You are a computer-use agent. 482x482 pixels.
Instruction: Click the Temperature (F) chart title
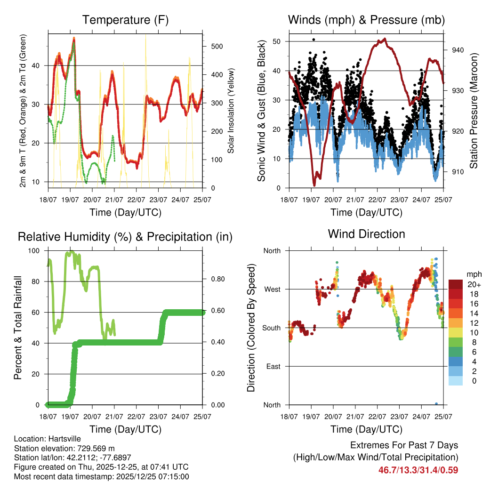point(125,20)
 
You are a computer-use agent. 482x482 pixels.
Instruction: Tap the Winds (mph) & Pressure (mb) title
point(366,20)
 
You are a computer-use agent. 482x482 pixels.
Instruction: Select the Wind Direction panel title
point(366,234)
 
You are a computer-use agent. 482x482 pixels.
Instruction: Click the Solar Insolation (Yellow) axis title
point(231,111)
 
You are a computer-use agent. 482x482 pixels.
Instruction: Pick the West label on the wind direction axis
point(272,289)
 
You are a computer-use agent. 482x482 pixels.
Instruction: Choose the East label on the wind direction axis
point(273,366)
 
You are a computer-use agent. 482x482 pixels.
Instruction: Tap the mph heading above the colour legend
point(474,274)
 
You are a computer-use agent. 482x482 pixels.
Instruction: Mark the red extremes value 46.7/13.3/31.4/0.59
point(418,470)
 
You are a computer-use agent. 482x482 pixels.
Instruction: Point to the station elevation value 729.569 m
point(90,448)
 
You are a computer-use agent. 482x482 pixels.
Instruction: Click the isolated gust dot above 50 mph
point(313,40)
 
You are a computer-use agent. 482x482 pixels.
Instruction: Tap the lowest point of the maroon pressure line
point(314,185)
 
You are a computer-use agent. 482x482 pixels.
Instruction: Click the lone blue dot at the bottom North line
point(436,404)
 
